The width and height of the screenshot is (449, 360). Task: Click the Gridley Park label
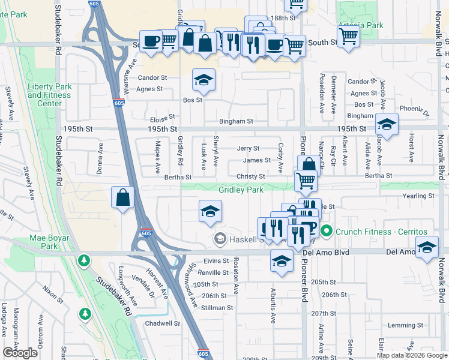241,190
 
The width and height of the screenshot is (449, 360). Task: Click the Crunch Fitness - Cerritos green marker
326,230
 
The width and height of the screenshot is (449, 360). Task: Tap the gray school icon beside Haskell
220,239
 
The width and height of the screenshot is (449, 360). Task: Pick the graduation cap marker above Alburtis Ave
282,260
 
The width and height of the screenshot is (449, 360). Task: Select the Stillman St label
217,308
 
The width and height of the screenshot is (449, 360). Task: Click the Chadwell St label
163,323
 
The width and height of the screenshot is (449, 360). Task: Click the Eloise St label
163,117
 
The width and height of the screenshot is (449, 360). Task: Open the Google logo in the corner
20,353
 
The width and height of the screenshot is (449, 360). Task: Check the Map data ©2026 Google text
412,355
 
